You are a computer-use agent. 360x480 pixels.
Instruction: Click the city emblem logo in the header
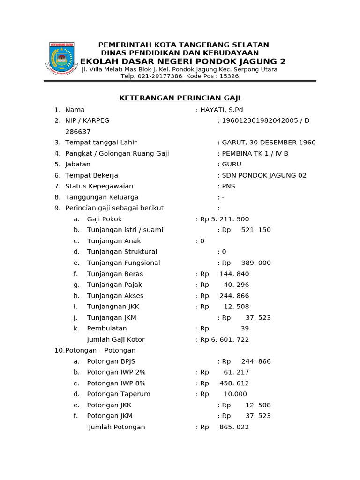pyautogui.click(x=61, y=59)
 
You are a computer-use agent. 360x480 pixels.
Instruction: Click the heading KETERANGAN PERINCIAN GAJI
pyautogui.click(x=180, y=98)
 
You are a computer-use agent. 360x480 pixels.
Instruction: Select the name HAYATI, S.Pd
pyautogui.click(x=221, y=110)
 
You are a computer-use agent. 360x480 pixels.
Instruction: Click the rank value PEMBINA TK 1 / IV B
pyautogui.click(x=255, y=153)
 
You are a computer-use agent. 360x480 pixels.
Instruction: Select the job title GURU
pyautogui.click(x=232, y=165)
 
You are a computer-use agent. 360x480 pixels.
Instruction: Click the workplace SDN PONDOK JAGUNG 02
pyautogui.click(x=264, y=175)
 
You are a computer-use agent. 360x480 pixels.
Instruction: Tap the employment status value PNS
pyautogui.click(x=228, y=186)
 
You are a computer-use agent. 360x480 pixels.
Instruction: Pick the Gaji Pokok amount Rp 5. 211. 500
pyautogui.click(x=225, y=219)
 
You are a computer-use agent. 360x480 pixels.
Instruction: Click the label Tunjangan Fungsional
pyautogui.click(x=123, y=263)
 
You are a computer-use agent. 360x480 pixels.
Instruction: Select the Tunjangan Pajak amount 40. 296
pyautogui.click(x=236, y=285)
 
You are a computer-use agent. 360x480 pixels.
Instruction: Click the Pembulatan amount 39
pyautogui.click(x=245, y=329)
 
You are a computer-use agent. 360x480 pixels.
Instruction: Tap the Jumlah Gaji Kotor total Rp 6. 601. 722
pyautogui.click(x=225, y=339)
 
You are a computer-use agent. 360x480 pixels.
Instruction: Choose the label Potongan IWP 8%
pyautogui.click(x=116, y=383)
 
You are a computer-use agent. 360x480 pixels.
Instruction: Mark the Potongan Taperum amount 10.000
pyautogui.click(x=235, y=394)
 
